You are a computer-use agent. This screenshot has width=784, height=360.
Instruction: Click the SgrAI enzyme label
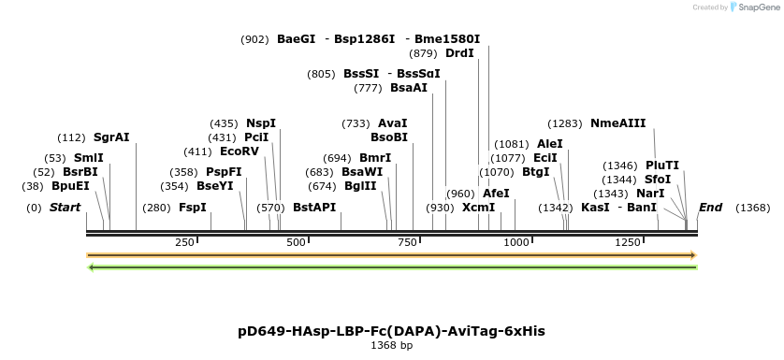pos(111,137)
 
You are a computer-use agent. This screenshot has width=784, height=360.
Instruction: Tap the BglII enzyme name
pos(360,185)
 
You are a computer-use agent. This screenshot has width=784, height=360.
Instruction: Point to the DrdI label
pos(459,53)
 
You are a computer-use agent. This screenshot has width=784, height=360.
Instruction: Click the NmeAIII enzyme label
pos(617,122)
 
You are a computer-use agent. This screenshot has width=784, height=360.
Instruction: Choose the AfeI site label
pos(496,193)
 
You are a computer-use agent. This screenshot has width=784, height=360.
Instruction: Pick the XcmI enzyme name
pos(479,207)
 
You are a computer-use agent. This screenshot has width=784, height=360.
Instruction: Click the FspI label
pos(193,207)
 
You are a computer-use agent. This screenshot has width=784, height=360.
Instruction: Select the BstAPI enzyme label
pos(314,207)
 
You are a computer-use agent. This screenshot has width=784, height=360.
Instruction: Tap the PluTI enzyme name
pos(662,165)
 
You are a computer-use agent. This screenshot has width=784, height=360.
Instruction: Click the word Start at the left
pos(65,207)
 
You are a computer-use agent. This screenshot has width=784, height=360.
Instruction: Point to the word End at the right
pos(710,207)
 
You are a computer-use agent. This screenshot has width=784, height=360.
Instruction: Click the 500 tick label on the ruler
pos(297,242)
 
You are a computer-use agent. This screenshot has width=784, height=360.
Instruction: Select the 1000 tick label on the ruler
pos(517,242)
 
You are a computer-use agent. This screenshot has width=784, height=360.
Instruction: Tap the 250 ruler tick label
pos(185,242)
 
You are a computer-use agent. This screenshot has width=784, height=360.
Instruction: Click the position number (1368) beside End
pos(753,207)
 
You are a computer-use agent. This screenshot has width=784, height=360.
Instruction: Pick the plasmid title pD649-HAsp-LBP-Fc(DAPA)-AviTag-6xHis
pos(392,331)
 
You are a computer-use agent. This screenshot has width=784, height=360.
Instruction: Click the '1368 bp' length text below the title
pos(392,345)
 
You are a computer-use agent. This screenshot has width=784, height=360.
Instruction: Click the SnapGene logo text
pos(759,7)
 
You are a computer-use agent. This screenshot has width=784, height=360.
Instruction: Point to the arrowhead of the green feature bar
pos(91,267)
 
